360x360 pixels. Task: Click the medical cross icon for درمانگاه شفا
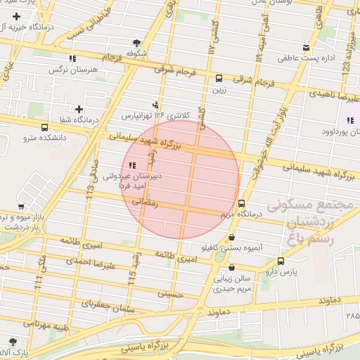pyautogui.click(x=79, y=109)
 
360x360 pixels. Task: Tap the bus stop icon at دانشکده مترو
pyautogui.click(x=45, y=128)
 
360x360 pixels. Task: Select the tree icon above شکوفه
pyautogui.click(x=136, y=43)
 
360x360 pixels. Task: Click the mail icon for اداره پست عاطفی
pyautogui.click(x=306, y=48)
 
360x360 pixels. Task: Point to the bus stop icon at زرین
pyautogui.click(x=219, y=79)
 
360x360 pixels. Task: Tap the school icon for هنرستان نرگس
pyautogui.click(x=72, y=59)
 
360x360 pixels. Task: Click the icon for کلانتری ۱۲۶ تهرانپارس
pyautogui.click(x=155, y=104)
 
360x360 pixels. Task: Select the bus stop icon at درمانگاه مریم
pyautogui.click(x=242, y=204)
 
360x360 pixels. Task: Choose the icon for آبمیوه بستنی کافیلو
pyautogui.click(x=232, y=238)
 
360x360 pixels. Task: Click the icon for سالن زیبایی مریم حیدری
pyautogui.click(x=232, y=268)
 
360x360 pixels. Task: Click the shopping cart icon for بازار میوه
pyautogui.click(x=21, y=207)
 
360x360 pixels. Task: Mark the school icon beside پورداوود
pyautogui.click(x=349, y=120)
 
